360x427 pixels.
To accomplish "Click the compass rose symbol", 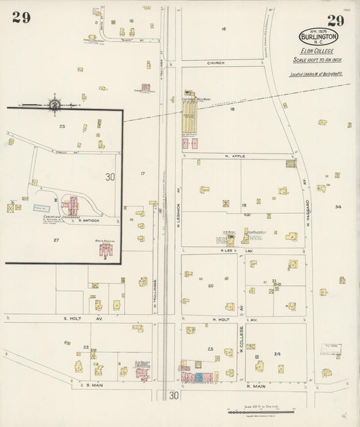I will [x=54, y=104].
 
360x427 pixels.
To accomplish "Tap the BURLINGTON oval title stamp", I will [x=319, y=36].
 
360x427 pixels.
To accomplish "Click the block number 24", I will [x=277, y=353].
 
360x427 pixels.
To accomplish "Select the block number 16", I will [x=223, y=28].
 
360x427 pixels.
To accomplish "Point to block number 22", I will [x=86, y=347].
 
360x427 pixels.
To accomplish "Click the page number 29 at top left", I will [x=21, y=18].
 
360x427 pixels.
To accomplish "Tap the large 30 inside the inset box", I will [x=110, y=177].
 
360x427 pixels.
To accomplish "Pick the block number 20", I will [x=211, y=286].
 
